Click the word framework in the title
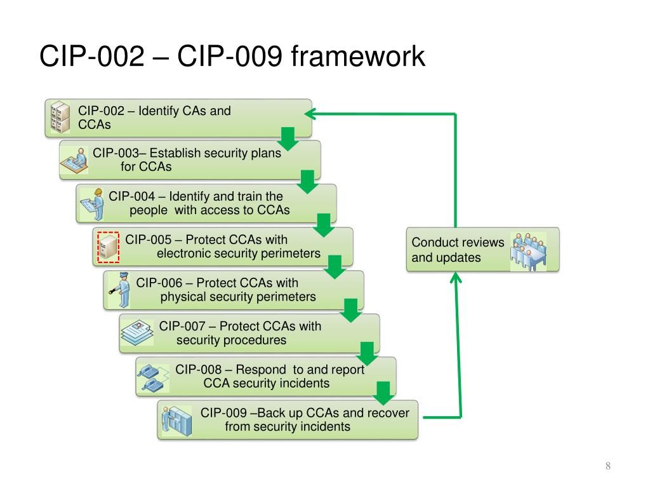click(358, 56)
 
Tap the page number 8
click(607, 466)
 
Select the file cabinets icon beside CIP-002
click(60, 118)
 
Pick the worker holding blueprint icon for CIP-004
click(93, 204)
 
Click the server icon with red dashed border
click(108, 247)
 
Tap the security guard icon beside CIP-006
click(120, 290)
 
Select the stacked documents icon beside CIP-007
click(137, 332)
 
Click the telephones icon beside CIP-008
click(153, 377)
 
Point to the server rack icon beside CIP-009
click(177, 421)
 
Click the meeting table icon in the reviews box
click(529, 252)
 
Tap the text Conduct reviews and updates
click(458, 250)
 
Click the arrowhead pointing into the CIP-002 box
click(310, 114)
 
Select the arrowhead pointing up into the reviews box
click(456, 277)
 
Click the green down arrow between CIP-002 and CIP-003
click(288, 139)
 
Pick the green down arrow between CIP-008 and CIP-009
click(383, 393)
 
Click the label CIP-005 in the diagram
click(149, 240)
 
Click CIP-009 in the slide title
click(230, 56)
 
